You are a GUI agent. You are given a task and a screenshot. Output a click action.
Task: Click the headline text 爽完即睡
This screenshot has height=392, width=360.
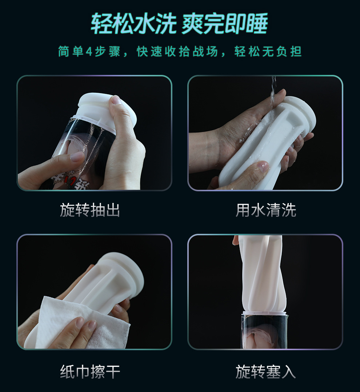coord(225,24)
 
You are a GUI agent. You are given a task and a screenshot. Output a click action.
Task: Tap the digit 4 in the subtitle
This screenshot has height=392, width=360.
coord(89,52)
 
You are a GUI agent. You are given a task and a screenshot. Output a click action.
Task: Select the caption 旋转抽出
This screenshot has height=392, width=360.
coord(90,210)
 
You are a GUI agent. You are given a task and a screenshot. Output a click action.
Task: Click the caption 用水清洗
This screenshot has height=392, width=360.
coord(266,210)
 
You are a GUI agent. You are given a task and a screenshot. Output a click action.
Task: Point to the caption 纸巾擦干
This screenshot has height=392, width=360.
coord(90,372)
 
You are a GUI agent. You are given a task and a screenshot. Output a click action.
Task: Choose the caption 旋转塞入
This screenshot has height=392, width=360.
coord(266,372)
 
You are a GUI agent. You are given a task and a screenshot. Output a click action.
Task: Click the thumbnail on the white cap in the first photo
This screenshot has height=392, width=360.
coord(116,101)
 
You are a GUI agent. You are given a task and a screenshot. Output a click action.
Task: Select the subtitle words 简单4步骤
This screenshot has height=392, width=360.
coord(89,52)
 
